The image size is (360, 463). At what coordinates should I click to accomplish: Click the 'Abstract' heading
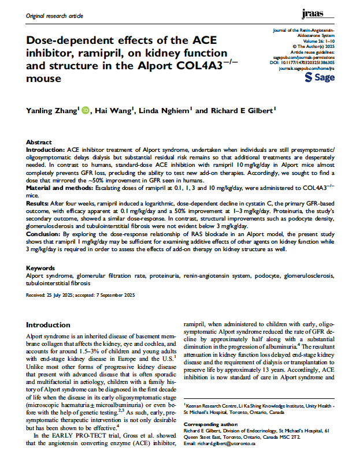41,141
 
